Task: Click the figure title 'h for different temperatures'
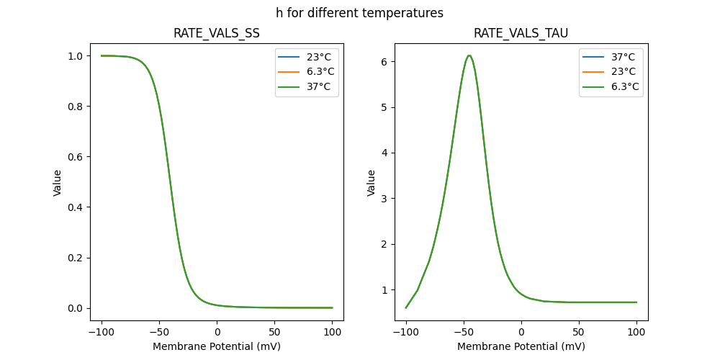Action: (x=359, y=13)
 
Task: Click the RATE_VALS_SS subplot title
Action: (x=217, y=33)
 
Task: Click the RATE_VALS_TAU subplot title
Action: (x=521, y=33)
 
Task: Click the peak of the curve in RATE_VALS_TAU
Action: (x=469, y=55)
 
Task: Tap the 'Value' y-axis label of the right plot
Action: (x=372, y=183)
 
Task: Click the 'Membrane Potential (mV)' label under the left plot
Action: (x=217, y=346)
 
